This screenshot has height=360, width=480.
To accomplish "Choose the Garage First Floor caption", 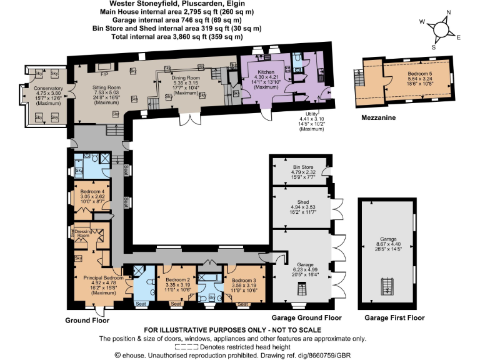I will click(394, 317).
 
